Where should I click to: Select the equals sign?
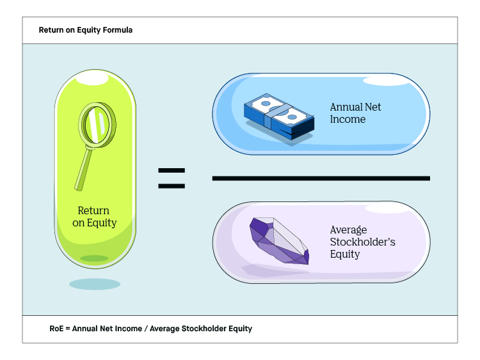(171, 178)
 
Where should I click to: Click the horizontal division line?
(321, 178)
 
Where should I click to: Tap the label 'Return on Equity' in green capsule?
(94, 217)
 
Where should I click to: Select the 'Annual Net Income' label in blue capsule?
(355, 113)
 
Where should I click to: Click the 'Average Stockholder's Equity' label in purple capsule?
(354, 242)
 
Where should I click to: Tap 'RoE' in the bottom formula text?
(56, 329)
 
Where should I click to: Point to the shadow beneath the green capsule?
(94, 284)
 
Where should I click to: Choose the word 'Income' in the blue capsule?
(348, 120)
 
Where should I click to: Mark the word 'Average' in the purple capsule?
(348, 230)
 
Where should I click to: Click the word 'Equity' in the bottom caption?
(241, 329)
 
